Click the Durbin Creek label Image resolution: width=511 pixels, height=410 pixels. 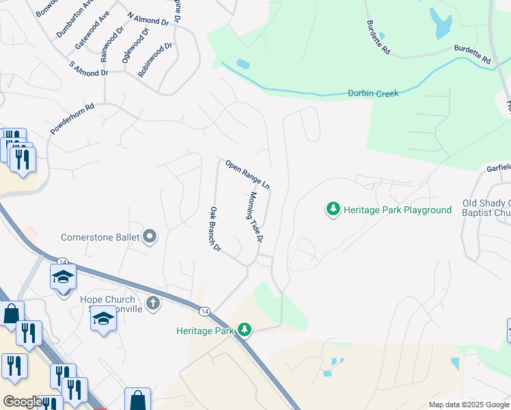coord(372,93)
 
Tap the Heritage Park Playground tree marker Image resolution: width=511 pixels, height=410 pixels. coord(333,209)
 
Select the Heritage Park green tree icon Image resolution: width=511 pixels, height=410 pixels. coord(245,330)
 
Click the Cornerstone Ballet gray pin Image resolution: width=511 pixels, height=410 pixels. coord(150,237)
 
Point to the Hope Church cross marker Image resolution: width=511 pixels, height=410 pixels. coord(153,303)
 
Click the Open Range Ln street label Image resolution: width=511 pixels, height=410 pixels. coord(248,175)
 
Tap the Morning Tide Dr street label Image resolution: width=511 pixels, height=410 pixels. coord(255,217)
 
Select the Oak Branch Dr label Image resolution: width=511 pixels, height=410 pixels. coord(215,229)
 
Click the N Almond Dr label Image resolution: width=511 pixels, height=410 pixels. coord(148,20)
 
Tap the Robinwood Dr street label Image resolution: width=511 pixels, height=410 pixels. coord(156,59)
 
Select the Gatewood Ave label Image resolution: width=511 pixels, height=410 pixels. coord(92,31)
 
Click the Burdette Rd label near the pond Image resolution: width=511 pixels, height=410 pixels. coord(378,37)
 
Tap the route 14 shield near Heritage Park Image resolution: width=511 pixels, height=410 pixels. coord(204,311)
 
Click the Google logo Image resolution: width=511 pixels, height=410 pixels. coord(23,402)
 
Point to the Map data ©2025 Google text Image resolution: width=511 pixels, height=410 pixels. coord(468,405)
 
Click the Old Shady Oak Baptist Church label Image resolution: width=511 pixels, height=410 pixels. coord(486,208)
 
